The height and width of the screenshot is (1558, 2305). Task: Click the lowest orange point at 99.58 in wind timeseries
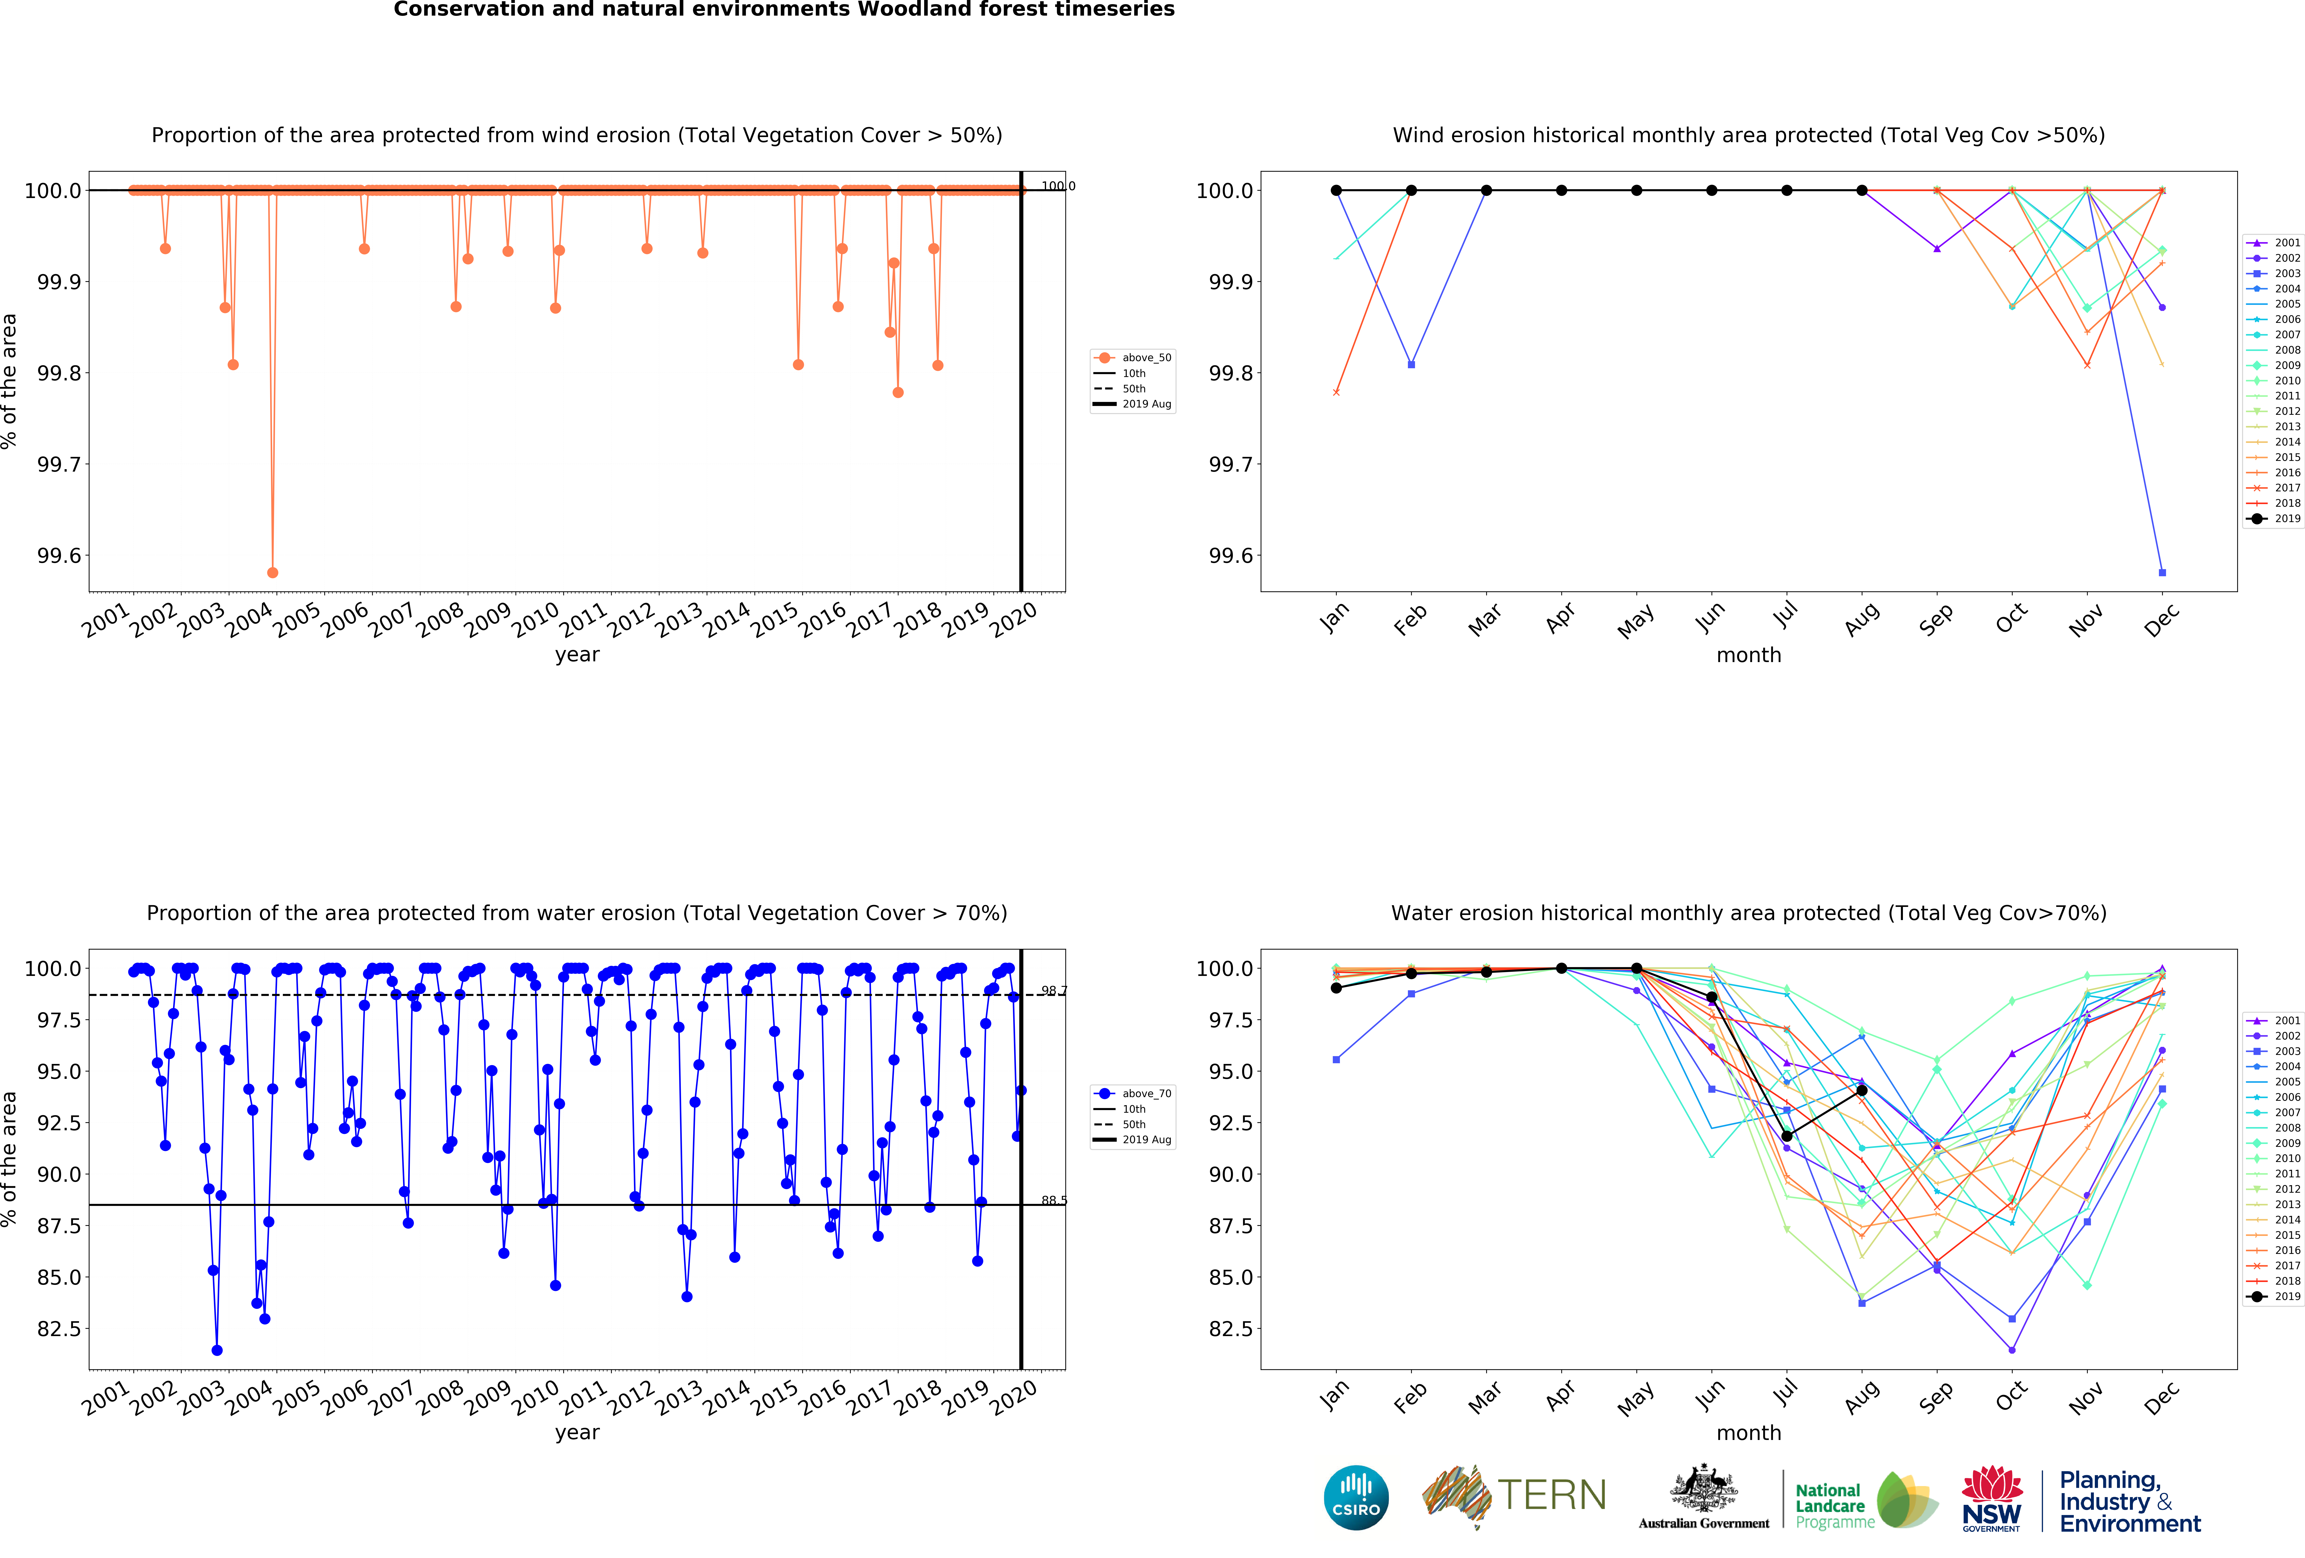coord(273,572)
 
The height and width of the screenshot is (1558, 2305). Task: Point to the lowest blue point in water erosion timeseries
coord(217,1350)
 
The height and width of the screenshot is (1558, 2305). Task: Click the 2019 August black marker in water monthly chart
coord(1862,1090)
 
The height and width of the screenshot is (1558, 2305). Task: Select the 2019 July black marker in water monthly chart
coord(1786,1137)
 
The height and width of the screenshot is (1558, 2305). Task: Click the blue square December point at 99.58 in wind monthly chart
coord(2162,572)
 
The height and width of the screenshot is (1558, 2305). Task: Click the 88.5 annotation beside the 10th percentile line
coord(1053,1200)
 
